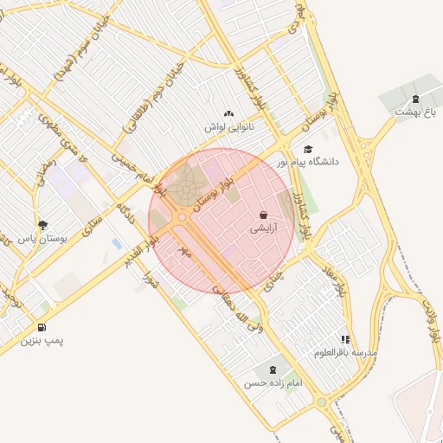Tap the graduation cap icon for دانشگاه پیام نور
click(x=308, y=149)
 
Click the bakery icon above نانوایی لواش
click(x=228, y=113)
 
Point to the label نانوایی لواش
click(x=227, y=127)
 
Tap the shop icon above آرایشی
click(x=263, y=215)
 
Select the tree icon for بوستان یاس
click(x=32, y=225)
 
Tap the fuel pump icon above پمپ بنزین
click(x=42, y=327)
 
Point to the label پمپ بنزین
click(x=43, y=341)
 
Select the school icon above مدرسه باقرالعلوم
click(x=345, y=340)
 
